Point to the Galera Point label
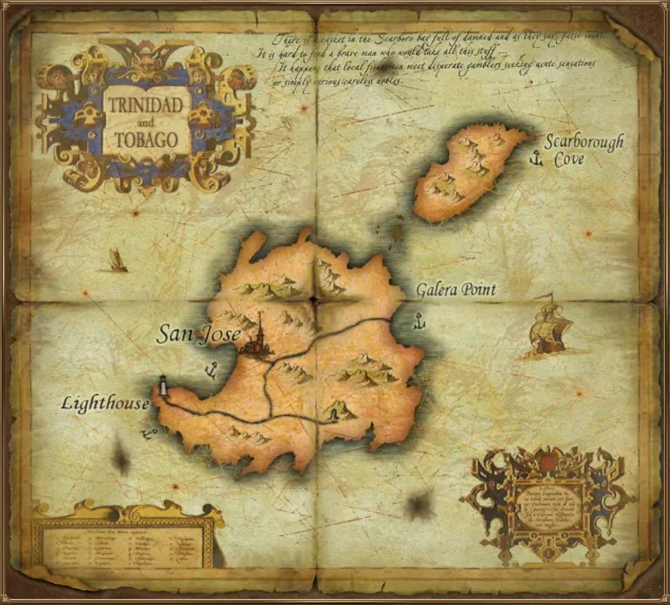click(455, 289)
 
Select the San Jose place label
click(198, 333)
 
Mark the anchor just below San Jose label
click(210, 372)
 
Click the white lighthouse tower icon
click(162, 386)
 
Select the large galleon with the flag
click(547, 328)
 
